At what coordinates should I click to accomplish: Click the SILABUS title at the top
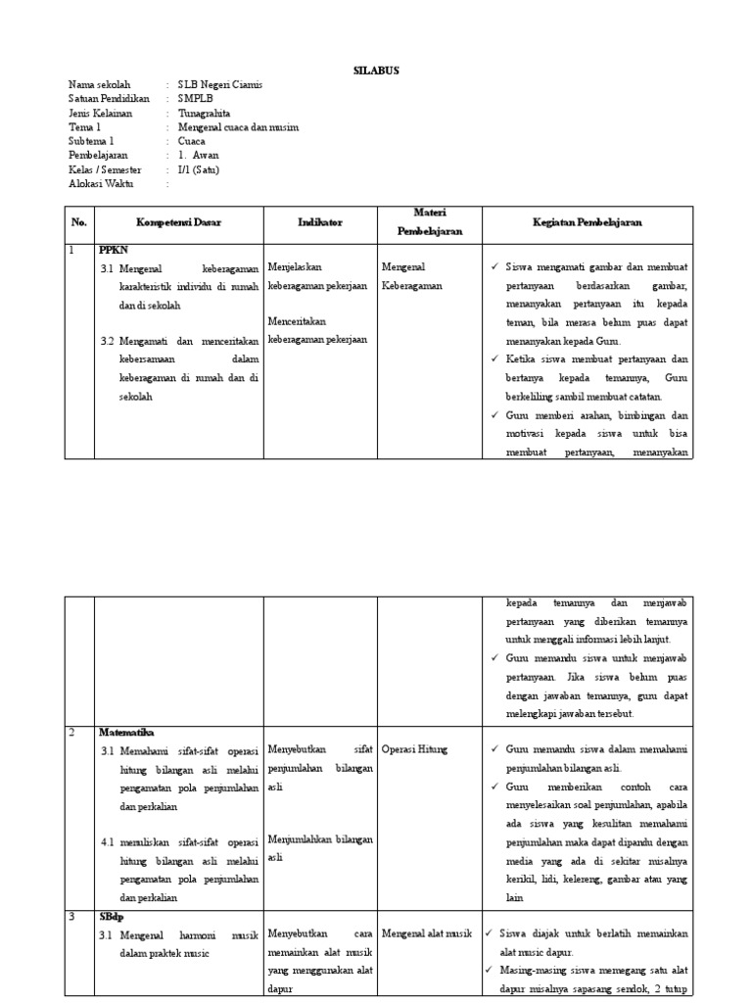tap(376, 71)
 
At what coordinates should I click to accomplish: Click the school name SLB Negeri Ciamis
tap(220, 85)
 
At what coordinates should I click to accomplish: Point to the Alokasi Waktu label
tap(101, 183)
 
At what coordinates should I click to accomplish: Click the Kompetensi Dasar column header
tap(178, 223)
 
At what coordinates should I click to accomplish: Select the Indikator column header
tap(320, 223)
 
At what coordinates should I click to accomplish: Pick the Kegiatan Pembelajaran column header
tap(587, 223)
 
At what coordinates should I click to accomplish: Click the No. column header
tap(79, 223)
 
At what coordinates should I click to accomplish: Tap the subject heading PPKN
tap(115, 250)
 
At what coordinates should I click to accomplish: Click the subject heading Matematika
tap(127, 732)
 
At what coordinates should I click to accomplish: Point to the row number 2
tap(71, 732)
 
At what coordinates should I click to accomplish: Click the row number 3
tap(71, 917)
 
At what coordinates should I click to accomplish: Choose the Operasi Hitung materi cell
tap(414, 749)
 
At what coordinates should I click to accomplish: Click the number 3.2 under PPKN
tap(108, 341)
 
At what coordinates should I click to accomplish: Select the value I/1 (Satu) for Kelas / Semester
tap(199, 169)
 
